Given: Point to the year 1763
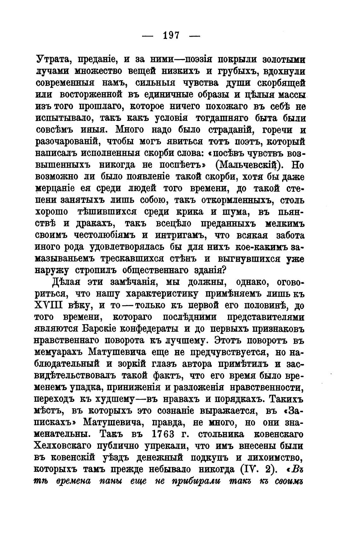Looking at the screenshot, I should (163, 434).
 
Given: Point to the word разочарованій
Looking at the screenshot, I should (67, 141).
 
